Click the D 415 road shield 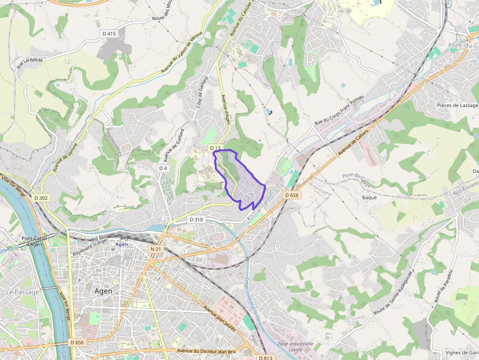109,34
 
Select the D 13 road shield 215,148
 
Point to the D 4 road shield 163,168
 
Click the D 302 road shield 42,198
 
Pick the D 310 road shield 196,220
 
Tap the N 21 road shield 155,249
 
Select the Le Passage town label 19,292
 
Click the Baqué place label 369,197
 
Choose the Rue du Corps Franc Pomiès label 339,110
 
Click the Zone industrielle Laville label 295,346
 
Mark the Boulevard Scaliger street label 90,247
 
